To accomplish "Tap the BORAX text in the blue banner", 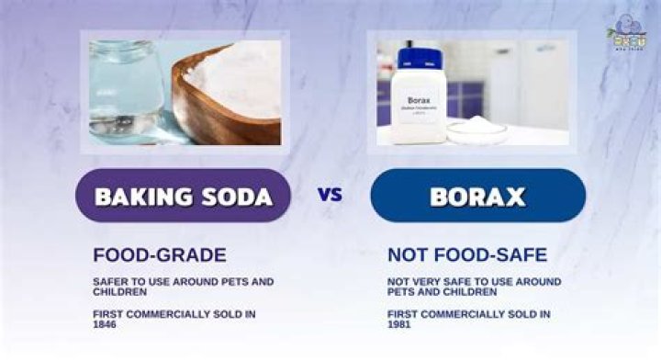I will point(477,196).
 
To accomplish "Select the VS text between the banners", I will point(330,195).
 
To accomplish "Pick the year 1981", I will point(399,324).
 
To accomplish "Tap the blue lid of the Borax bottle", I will point(420,58).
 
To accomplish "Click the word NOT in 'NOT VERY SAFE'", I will point(398,281).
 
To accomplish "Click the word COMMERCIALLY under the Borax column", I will point(462,314).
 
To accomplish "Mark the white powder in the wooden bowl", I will point(239,78).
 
